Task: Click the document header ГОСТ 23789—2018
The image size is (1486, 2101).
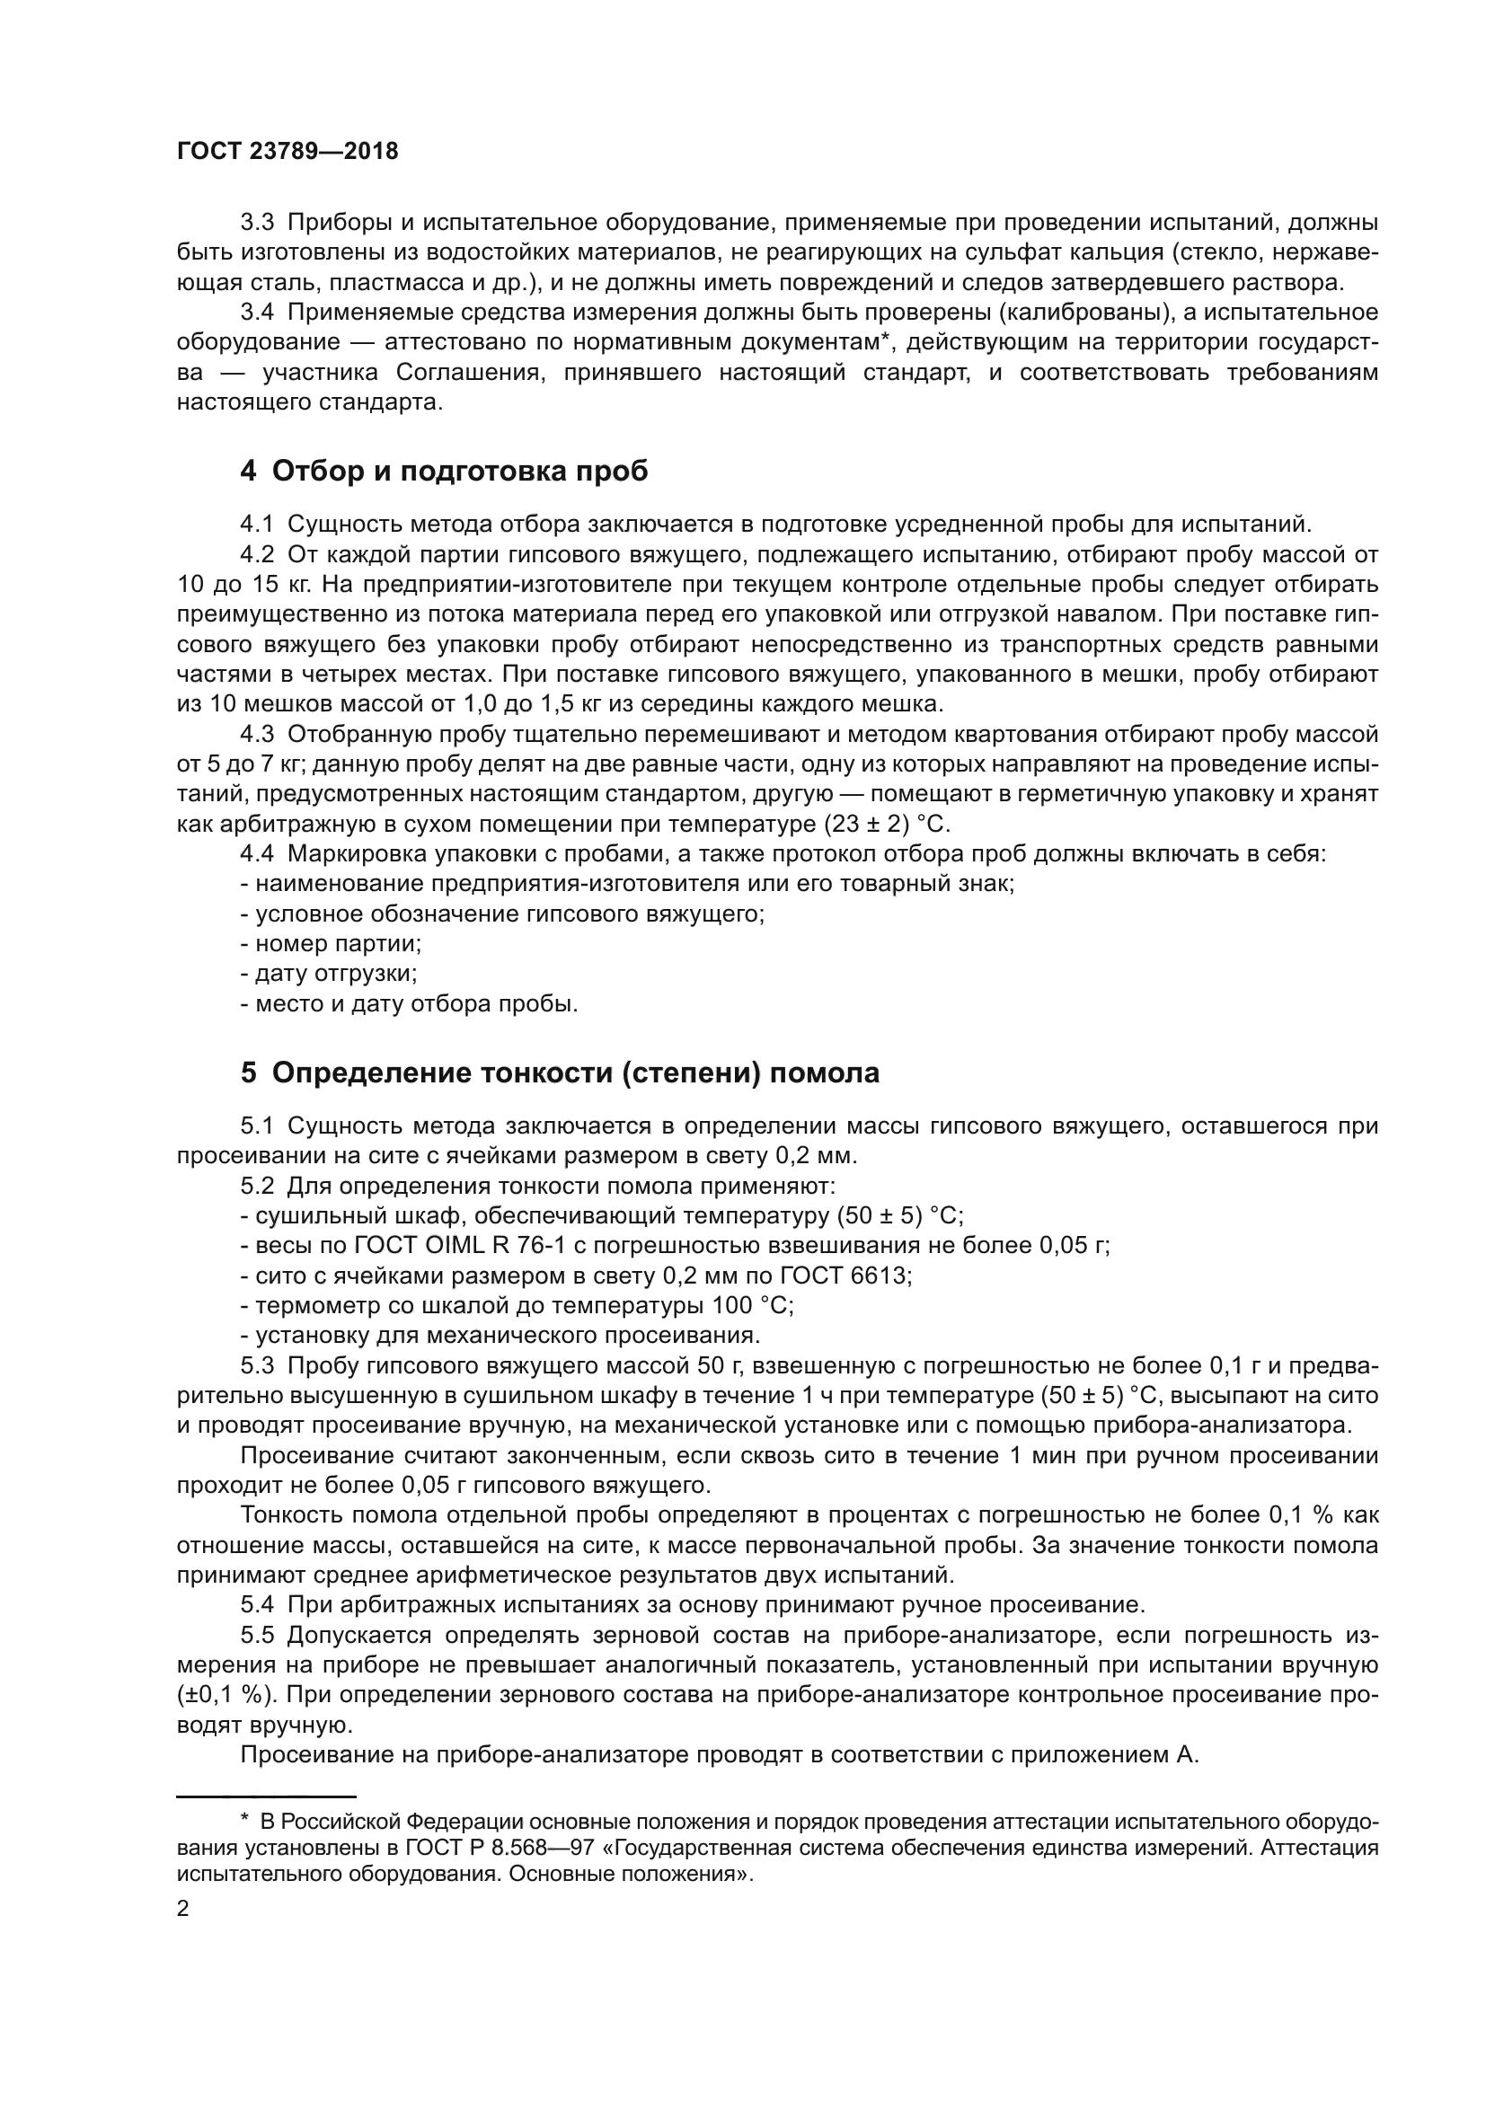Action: point(287,152)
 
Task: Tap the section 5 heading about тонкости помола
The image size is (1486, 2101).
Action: point(559,1073)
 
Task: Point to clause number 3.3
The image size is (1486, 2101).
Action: point(257,223)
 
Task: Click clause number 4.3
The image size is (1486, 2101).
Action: point(257,735)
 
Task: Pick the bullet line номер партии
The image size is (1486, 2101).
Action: point(331,944)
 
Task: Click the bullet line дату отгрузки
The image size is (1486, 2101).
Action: point(329,974)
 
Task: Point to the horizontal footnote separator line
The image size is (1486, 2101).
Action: point(265,1796)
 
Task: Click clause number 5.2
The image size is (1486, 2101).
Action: point(257,1187)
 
